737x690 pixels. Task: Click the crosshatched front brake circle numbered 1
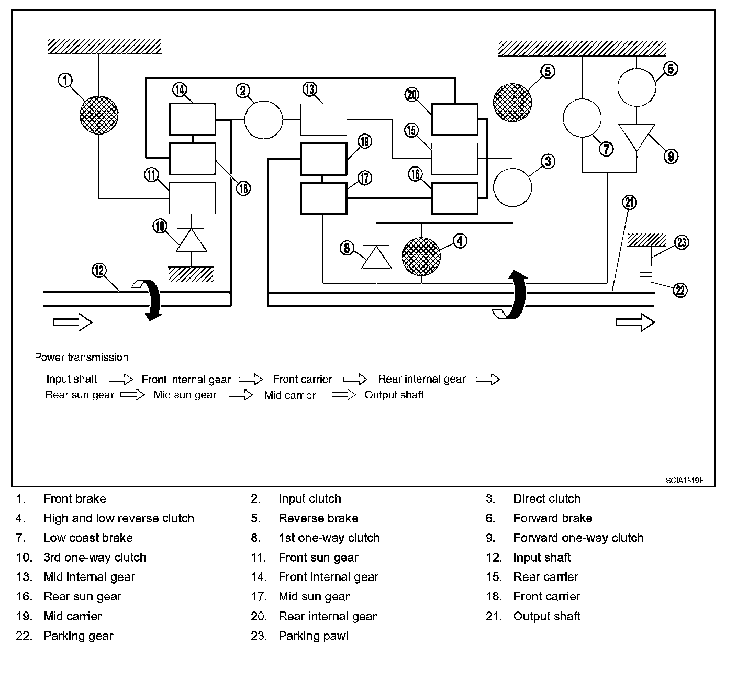pyautogui.click(x=99, y=115)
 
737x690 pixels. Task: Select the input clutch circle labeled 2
pyautogui.click(x=264, y=120)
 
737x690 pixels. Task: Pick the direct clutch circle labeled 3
pyautogui.click(x=513, y=187)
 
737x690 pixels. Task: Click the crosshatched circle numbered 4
pyautogui.click(x=421, y=257)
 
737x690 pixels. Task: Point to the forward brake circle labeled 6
pyautogui.click(x=636, y=87)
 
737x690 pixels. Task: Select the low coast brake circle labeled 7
pyautogui.click(x=582, y=118)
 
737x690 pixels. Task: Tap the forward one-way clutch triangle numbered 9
pyautogui.click(x=636, y=137)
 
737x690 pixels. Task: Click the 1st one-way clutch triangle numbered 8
pyautogui.click(x=377, y=257)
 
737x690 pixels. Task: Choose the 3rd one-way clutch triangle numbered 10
pyautogui.click(x=191, y=240)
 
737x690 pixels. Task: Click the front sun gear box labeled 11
pyautogui.click(x=192, y=198)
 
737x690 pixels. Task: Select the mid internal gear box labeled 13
pyautogui.click(x=323, y=120)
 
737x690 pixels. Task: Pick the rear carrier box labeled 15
pyautogui.click(x=454, y=159)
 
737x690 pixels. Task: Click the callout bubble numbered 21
pyautogui.click(x=629, y=202)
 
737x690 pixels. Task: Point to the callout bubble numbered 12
pyautogui.click(x=99, y=271)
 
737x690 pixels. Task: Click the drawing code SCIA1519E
pyautogui.click(x=685, y=480)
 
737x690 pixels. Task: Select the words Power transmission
pyautogui.click(x=81, y=357)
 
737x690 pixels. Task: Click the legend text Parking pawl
pyautogui.click(x=313, y=636)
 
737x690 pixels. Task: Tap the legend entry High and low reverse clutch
pyautogui.click(x=119, y=518)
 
